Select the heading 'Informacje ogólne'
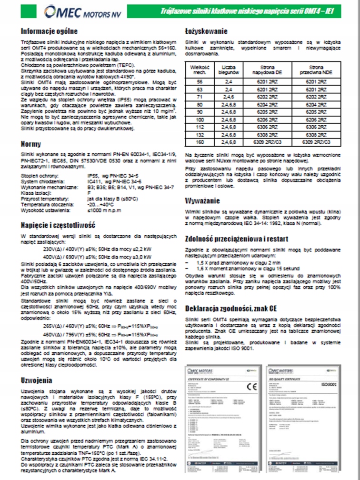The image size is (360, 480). tap(49, 32)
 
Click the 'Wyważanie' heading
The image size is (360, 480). tap(202, 200)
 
